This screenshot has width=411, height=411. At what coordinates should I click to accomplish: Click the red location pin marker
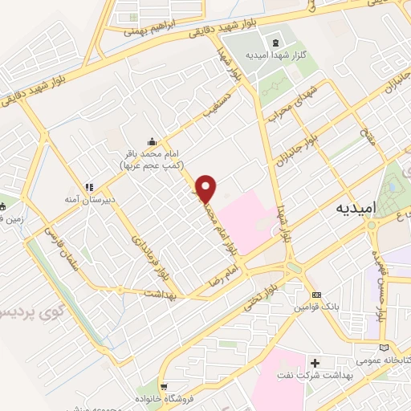pyautogui.click(x=206, y=188)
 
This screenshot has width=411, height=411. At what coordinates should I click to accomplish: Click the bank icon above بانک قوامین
pyautogui.click(x=317, y=295)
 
